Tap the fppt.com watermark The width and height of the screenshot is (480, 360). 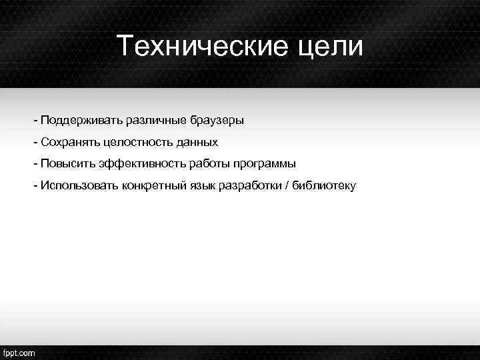point(19,353)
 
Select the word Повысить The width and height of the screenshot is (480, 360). point(66,163)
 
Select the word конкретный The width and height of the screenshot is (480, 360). point(153,185)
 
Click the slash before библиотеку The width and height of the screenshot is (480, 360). point(287,185)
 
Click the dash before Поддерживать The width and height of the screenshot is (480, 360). point(35,121)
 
